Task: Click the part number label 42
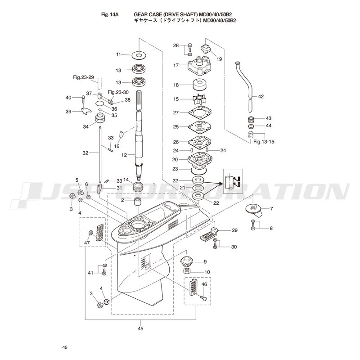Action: point(261,96)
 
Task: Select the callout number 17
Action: point(176,65)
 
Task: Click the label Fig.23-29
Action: point(83,77)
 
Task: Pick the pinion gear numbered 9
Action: point(186,261)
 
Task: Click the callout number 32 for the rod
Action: point(85,153)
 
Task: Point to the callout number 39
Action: point(68,111)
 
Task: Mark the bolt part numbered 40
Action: point(83,97)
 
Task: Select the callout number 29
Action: point(234,230)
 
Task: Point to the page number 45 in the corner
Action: point(65,347)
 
